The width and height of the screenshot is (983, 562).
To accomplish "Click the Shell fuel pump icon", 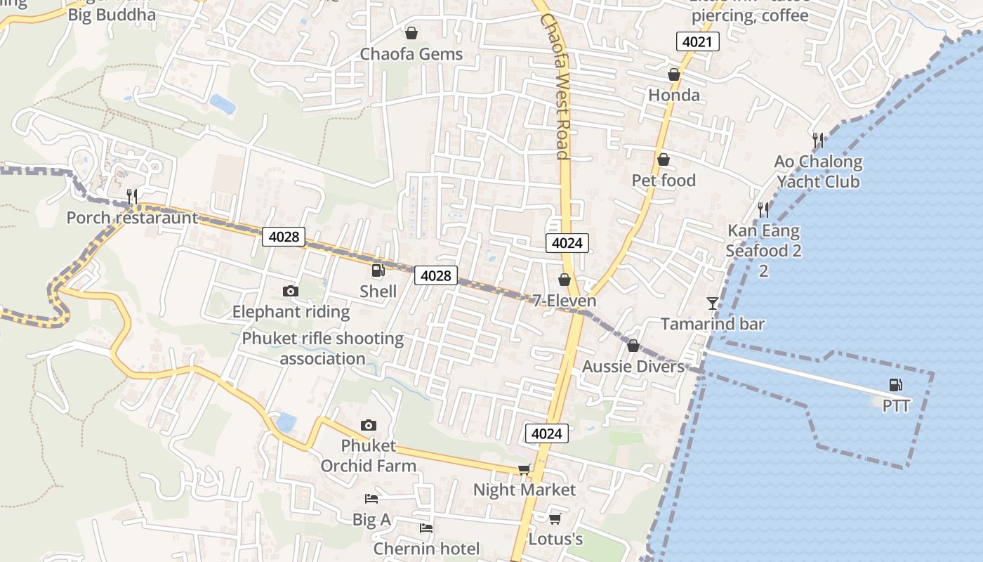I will click(x=378, y=270).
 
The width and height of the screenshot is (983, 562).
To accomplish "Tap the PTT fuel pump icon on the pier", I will click(x=895, y=384).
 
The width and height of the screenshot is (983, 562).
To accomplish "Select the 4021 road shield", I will click(x=698, y=42).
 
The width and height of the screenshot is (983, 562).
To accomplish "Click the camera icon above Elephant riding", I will click(x=291, y=291).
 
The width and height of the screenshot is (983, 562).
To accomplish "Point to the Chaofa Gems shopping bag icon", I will click(x=411, y=33).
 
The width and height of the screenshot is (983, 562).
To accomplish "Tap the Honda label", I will click(x=674, y=96).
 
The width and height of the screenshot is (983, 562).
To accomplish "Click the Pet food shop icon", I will click(x=663, y=160).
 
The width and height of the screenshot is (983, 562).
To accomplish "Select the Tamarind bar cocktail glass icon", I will click(x=713, y=303).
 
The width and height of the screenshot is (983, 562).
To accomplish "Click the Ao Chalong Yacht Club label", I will click(x=818, y=172).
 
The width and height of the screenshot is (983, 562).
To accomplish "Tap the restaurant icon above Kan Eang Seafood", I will click(x=763, y=209).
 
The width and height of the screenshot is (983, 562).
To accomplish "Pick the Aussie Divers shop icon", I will click(x=633, y=346).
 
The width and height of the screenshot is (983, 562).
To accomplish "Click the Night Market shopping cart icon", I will click(x=524, y=469).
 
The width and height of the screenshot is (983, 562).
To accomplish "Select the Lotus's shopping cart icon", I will click(x=555, y=518).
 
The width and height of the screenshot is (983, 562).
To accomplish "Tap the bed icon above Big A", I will click(x=371, y=499).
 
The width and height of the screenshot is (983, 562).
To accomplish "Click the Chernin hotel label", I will click(x=426, y=549).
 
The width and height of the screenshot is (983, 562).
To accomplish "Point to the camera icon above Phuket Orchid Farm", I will click(x=368, y=425).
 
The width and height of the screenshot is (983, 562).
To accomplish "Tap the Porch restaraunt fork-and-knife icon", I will click(x=131, y=196).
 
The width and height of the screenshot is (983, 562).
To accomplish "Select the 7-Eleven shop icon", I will click(x=565, y=280).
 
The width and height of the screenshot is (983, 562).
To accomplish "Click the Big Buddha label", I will click(x=112, y=15).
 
